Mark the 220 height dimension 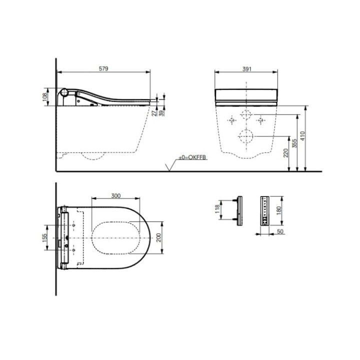point(285,153)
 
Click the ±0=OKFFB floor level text point(192,158)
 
